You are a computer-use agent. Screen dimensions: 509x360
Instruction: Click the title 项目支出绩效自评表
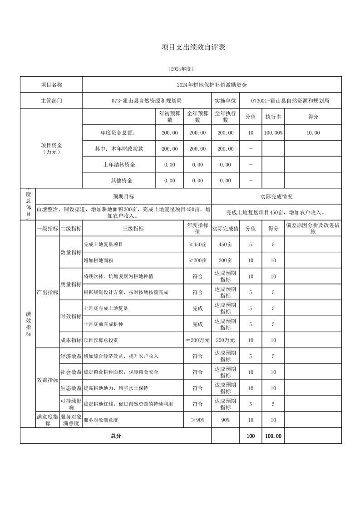194,47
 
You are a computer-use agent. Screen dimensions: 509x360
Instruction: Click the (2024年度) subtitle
181,69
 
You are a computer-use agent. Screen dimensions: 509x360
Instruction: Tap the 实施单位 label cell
226,101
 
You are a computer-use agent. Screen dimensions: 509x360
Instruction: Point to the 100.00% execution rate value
273,133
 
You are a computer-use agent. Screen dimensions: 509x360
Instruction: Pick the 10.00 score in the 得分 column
313,133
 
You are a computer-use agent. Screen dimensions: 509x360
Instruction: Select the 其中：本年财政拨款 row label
119,149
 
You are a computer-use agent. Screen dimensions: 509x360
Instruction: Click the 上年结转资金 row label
119,165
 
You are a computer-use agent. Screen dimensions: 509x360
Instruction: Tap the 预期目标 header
123,196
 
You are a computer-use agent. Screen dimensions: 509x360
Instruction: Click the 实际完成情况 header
276,196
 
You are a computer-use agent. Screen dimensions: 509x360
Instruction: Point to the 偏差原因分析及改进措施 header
313,228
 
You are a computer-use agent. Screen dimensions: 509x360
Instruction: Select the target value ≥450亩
197,245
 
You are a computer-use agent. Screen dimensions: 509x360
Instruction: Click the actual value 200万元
226,340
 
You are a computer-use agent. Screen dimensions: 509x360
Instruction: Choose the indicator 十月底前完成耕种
106,324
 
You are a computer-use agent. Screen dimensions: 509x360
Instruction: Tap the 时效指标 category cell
71,316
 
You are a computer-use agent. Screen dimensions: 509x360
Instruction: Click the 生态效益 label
71,388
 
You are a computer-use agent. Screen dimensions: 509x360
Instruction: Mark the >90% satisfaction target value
197,420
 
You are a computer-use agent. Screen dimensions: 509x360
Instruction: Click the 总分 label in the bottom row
116,436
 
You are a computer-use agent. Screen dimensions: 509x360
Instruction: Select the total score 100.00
273,436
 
